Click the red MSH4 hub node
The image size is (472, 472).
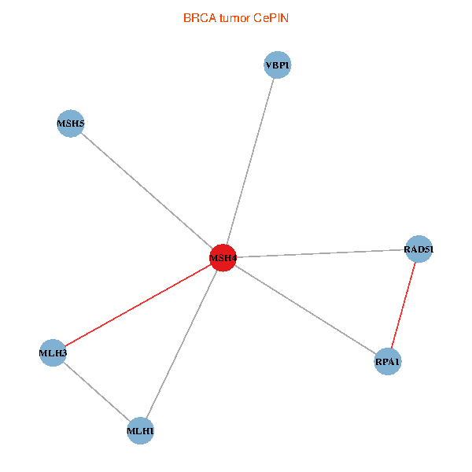(x=223, y=257)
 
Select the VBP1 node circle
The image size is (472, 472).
(x=278, y=65)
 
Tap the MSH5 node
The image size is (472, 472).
(x=71, y=124)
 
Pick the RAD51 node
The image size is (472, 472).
(x=419, y=249)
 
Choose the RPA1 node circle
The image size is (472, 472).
(x=388, y=362)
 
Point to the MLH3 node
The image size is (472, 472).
(x=53, y=353)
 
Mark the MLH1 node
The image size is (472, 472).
(x=140, y=430)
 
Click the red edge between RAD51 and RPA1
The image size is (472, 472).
(x=404, y=305)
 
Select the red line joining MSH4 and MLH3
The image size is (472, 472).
(x=138, y=305)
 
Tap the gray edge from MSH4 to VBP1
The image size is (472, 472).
(x=250, y=161)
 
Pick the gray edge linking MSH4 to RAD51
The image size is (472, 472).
(x=321, y=253)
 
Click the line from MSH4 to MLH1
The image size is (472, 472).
(x=182, y=344)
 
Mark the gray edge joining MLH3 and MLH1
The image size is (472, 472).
(x=96, y=392)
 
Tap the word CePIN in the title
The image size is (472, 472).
(x=271, y=18)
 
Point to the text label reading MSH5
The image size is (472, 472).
(x=71, y=124)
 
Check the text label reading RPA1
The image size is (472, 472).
(x=388, y=362)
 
